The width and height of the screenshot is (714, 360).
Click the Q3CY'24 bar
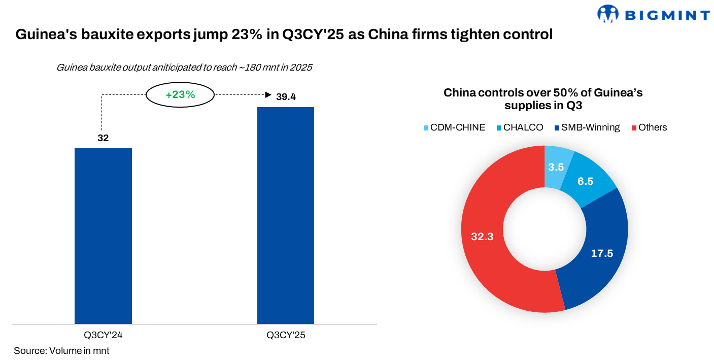pos(103,236)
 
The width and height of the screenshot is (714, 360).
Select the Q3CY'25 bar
pos(286,215)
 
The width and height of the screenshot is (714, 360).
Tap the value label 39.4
pos(286,97)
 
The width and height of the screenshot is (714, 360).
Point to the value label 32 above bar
pos(103,138)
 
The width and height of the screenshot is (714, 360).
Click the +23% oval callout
pos(180,94)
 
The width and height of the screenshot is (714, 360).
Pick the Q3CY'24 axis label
pos(103,335)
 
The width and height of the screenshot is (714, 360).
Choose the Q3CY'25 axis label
pos(286,335)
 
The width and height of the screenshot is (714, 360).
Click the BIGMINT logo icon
pos(607,14)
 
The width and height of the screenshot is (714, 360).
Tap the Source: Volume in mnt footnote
pos(61,351)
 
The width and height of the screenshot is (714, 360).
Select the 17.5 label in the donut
pos(602,253)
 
